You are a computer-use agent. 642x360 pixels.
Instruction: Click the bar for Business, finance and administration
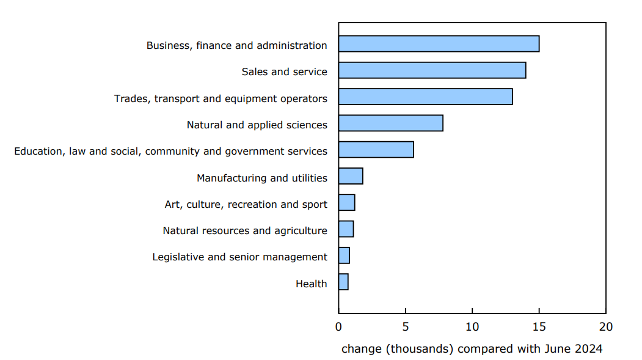[439, 44]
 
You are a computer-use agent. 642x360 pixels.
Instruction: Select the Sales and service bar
[432, 70]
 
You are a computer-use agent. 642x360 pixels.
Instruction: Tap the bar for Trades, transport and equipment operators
[425, 97]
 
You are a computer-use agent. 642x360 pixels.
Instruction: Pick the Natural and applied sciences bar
[390, 123]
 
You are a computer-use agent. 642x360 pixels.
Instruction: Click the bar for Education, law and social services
[376, 150]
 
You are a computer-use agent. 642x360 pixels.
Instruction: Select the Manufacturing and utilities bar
[351, 176]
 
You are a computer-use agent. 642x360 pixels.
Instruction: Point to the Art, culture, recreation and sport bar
[346, 203]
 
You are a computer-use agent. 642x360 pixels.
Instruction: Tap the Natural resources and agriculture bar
[346, 229]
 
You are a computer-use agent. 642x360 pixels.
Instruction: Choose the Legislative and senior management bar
[344, 255]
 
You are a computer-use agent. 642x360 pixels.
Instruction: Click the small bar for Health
[343, 282]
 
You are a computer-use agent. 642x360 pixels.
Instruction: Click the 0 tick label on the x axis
[339, 327]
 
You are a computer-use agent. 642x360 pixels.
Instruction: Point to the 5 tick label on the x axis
[406, 327]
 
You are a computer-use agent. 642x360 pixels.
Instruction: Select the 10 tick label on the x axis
[472, 327]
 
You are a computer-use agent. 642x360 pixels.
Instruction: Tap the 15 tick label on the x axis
[539, 327]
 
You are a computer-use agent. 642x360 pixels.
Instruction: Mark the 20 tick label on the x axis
[605, 327]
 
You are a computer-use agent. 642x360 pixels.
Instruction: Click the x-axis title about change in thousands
[472, 349]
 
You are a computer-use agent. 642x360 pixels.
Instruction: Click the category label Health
[312, 284]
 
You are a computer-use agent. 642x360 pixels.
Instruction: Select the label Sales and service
[284, 72]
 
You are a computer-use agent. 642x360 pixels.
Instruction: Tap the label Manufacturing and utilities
[261, 178]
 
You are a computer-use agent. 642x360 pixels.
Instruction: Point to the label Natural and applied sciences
[257, 125]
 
